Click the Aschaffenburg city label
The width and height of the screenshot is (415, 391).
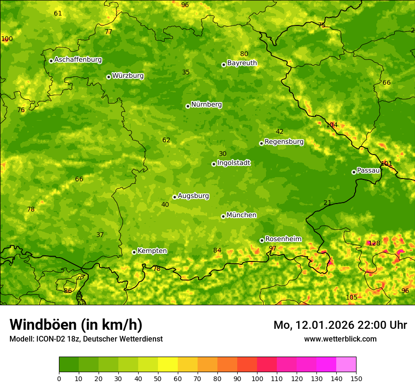pyautogui.click(x=78, y=60)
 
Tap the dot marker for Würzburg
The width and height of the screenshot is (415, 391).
pyautogui.click(x=108, y=77)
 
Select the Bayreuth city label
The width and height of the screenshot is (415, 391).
pyautogui.click(x=242, y=63)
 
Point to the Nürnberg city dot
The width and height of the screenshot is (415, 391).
pyautogui.click(x=188, y=106)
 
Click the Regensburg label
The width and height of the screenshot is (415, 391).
pyautogui.click(x=284, y=142)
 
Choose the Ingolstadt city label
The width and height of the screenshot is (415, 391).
pyautogui.click(x=233, y=163)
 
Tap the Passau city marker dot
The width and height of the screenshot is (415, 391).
pyautogui.click(x=354, y=172)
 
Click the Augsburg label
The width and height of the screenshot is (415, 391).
pyautogui.click(x=193, y=196)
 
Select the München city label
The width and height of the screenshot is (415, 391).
pyautogui.click(x=241, y=215)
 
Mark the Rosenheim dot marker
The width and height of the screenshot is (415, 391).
pyautogui.click(x=262, y=240)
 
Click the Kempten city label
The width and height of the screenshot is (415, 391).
pyautogui.click(x=152, y=251)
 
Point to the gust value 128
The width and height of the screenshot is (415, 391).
pyautogui.click(x=374, y=243)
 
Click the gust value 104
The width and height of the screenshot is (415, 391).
pyautogui.click(x=332, y=125)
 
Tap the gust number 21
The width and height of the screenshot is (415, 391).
pyautogui.click(x=327, y=203)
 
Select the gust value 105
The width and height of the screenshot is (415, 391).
pyautogui.click(x=351, y=297)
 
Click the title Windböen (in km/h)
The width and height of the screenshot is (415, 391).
pyautogui.click(x=75, y=325)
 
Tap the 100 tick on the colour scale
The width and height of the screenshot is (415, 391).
pyautogui.click(x=257, y=378)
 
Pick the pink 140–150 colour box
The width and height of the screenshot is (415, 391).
pyautogui.click(x=346, y=365)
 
